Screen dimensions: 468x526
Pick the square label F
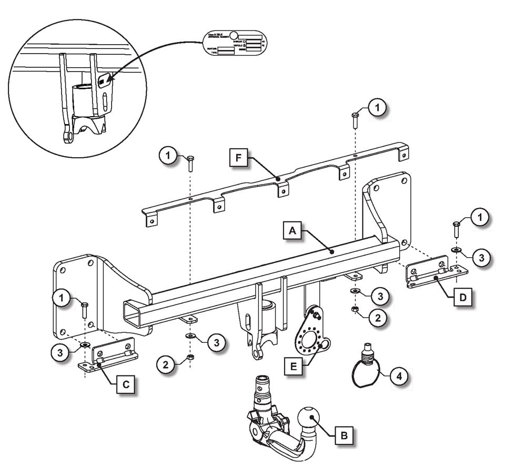click(x=239, y=158)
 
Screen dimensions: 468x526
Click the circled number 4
click(x=400, y=376)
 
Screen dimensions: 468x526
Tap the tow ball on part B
click(x=311, y=419)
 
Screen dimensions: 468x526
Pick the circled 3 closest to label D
click(x=481, y=257)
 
